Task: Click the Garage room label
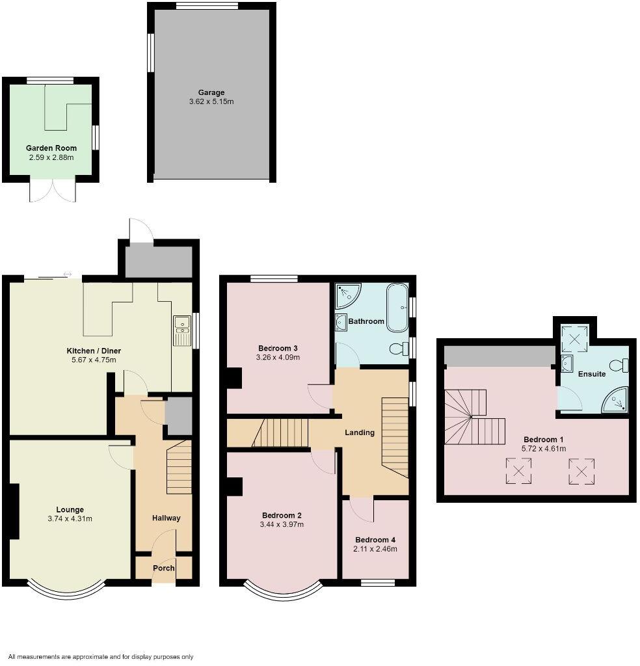211,92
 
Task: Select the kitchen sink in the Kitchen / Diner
182,330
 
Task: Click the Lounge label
70,509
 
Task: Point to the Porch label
163,568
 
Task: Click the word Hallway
166,518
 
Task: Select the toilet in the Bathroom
398,349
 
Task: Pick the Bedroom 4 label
375,540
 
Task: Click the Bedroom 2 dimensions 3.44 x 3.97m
282,524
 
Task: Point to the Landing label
360,433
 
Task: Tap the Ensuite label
592,374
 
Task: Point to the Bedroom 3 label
278,347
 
